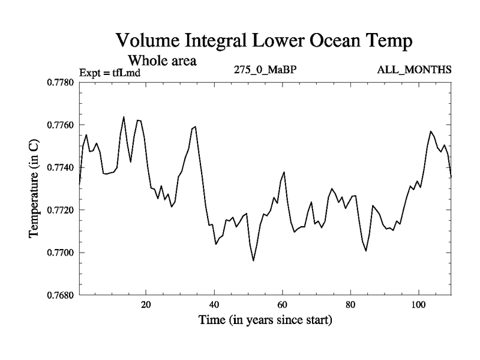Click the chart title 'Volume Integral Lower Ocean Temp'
pos(264,41)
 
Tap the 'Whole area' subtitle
pos(162,61)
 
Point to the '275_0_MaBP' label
pos(265,70)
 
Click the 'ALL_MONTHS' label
pos(414,70)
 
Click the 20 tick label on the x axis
pos(146,304)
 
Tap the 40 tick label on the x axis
pos(214,304)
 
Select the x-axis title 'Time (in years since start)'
pos(265,320)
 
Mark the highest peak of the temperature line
pos(124,117)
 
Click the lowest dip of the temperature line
pos(253,260)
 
